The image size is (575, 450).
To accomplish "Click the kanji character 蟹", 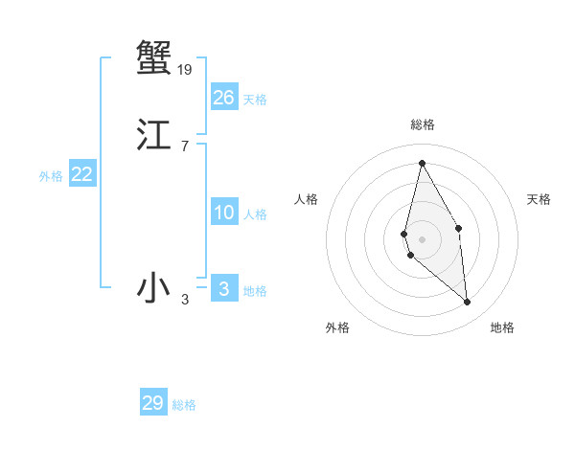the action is [153, 57].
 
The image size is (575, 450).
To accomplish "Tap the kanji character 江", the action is [153, 136].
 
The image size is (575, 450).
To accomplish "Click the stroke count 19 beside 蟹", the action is [185, 69].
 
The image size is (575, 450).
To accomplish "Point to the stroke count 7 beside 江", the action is [185, 146].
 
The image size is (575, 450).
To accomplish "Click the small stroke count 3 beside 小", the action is [185, 301].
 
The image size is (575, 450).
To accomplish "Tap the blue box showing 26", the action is [224, 97].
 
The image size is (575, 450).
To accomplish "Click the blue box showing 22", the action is [82, 174].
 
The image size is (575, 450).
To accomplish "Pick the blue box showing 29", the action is [153, 403].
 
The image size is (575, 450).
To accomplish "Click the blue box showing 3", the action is [224, 288].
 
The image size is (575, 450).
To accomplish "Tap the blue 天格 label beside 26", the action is [255, 100].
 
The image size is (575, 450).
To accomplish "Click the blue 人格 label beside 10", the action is [255, 214].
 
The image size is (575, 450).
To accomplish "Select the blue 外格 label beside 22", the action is [51, 176].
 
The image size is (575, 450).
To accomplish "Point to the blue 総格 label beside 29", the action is [184, 406].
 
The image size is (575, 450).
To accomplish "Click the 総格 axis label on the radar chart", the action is [423, 124].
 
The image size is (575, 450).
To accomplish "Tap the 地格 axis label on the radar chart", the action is [502, 327].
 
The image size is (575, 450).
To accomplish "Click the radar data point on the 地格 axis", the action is [468, 303].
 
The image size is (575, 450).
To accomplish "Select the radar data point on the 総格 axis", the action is [422, 163].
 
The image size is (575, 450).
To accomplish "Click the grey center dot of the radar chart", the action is [422, 238].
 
